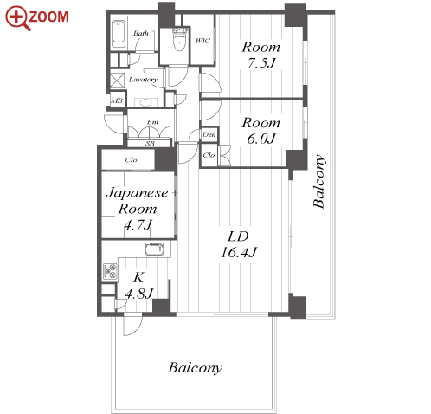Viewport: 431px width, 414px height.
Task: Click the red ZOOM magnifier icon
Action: pos(18,18)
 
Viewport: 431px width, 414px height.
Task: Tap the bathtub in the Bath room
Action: pos(119,33)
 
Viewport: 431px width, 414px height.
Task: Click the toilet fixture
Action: pos(179,41)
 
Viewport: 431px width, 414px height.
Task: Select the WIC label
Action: pos(203,41)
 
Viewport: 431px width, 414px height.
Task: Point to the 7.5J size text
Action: pos(261,63)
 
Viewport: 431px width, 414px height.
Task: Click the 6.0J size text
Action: pos(261,139)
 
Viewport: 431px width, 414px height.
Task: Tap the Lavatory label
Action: pos(143,80)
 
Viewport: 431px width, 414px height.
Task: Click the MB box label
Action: pos(117,100)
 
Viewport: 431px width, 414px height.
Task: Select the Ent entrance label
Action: pos(152,122)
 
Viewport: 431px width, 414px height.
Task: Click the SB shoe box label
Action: pos(150,143)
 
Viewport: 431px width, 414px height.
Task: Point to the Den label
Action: pos(209,134)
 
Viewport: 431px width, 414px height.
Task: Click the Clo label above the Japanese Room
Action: pos(131,160)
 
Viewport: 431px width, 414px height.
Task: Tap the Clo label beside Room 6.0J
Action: pos(209,155)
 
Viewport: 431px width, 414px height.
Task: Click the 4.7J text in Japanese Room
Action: pos(138,224)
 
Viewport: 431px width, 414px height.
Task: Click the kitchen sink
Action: pos(154,249)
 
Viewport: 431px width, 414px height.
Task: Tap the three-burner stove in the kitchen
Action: pos(110,271)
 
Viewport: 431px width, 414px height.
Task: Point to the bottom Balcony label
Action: pos(196,368)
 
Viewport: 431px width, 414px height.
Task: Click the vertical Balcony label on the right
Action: pos(319,181)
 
